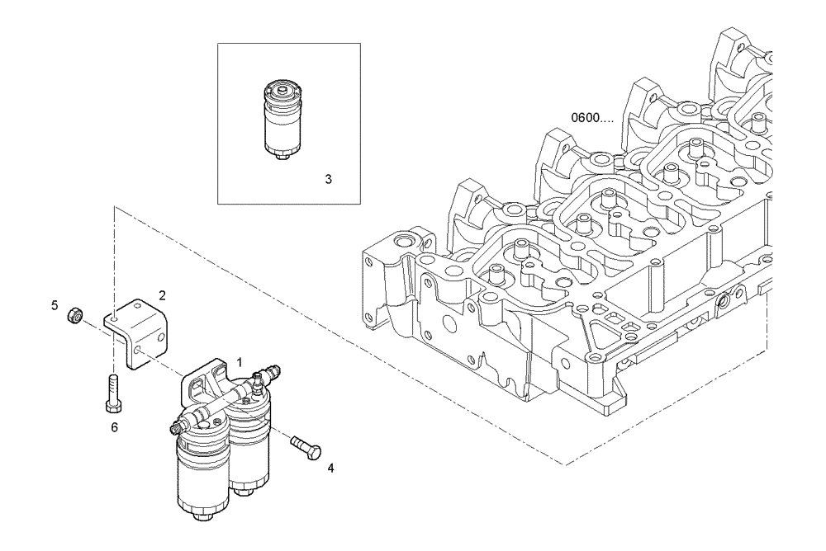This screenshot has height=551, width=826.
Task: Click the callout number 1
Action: pyautogui.click(x=240, y=361)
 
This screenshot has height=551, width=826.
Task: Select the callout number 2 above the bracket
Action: pyautogui.click(x=163, y=294)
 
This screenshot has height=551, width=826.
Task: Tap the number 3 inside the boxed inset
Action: pyautogui.click(x=328, y=178)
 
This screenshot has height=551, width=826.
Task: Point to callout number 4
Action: pyautogui.click(x=330, y=468)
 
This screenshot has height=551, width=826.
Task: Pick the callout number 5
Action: pyautogui.click(x=55, y=305)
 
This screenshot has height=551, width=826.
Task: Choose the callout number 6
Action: pyautogui.click(x=115, y=427)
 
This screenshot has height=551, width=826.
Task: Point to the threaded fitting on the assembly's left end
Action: pyautogui.click(x=175, y=426)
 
